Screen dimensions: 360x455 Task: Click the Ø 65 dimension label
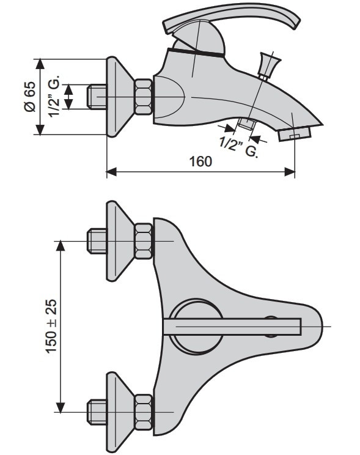29,97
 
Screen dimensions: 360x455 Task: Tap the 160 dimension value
200,161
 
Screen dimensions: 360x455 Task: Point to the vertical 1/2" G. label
54,96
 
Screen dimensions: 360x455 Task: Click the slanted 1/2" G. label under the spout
238,147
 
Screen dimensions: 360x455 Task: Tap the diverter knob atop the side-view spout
270,66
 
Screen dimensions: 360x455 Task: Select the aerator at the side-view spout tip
295,135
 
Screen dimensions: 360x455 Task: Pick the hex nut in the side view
144,97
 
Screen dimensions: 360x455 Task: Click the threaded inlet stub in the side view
97,97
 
